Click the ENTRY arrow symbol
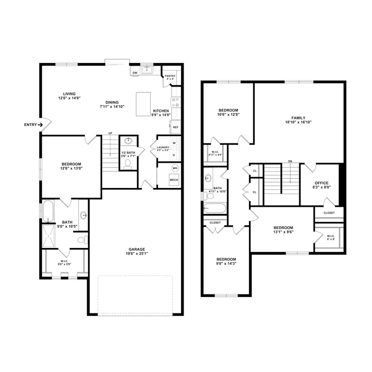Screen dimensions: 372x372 point(41,125)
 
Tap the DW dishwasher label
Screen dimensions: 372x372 point(135,73)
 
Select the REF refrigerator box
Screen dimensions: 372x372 point(175,127)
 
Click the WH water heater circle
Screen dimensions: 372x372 point(175,169)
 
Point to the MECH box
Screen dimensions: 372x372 point(174,180)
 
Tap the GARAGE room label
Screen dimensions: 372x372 point(137,249)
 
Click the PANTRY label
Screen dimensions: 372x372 point(170,76)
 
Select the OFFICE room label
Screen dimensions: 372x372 point(322,183)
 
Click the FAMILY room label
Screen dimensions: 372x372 point(298,118)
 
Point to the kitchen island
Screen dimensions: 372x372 point(143,104)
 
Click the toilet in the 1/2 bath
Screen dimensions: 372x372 point(128,164)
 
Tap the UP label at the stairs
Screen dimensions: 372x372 point(110,134)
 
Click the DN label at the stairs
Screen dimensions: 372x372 point(290,161)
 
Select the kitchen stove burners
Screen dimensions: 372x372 point(176,102)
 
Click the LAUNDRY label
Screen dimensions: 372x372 point(163,147)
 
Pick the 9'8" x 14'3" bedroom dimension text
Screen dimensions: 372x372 point(226,264)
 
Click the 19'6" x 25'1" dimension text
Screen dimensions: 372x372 point(137,254)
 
